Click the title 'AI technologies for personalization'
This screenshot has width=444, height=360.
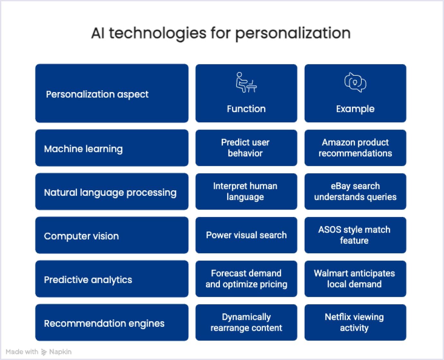(221, 33)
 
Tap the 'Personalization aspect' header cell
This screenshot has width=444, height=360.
(112, 93)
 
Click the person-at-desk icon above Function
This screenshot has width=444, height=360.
(246, 82)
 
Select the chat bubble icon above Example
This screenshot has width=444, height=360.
(355, 82)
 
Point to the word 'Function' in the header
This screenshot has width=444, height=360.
(246, 109)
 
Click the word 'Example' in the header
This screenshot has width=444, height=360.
(355, 109)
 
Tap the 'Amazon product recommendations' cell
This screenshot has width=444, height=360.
(355, 148)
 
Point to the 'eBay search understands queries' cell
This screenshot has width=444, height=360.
(355, 192)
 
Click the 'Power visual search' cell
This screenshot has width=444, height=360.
(246, 235)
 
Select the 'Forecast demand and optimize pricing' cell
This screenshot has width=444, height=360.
(246, 279)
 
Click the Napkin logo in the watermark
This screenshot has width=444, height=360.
(44, 352)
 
